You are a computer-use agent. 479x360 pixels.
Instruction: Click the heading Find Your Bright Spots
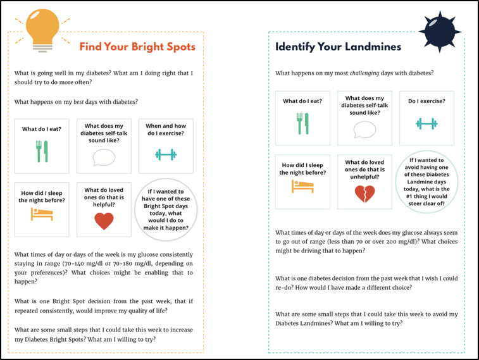point(137,47)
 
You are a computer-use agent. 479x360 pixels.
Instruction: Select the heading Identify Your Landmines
point(338,47)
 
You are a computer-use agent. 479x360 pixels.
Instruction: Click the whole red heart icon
point(104,221)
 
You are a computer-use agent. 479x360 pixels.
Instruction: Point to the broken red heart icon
point(364,193)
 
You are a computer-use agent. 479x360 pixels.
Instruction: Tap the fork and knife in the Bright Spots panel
point(42,151)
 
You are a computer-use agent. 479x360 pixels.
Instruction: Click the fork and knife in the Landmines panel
point(302,123)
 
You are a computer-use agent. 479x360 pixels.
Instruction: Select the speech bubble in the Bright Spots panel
point(104,157)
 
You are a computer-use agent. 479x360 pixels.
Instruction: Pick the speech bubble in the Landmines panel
point(364,130)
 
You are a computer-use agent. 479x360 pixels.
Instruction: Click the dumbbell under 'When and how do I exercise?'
point(166,154)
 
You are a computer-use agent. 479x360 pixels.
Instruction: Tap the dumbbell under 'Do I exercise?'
point(426,123)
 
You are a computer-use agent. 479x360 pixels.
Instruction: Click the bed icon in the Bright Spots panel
point(42,214)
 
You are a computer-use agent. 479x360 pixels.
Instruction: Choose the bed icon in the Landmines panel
point(302,186)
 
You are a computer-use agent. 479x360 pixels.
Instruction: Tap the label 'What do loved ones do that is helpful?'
point(104,196)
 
